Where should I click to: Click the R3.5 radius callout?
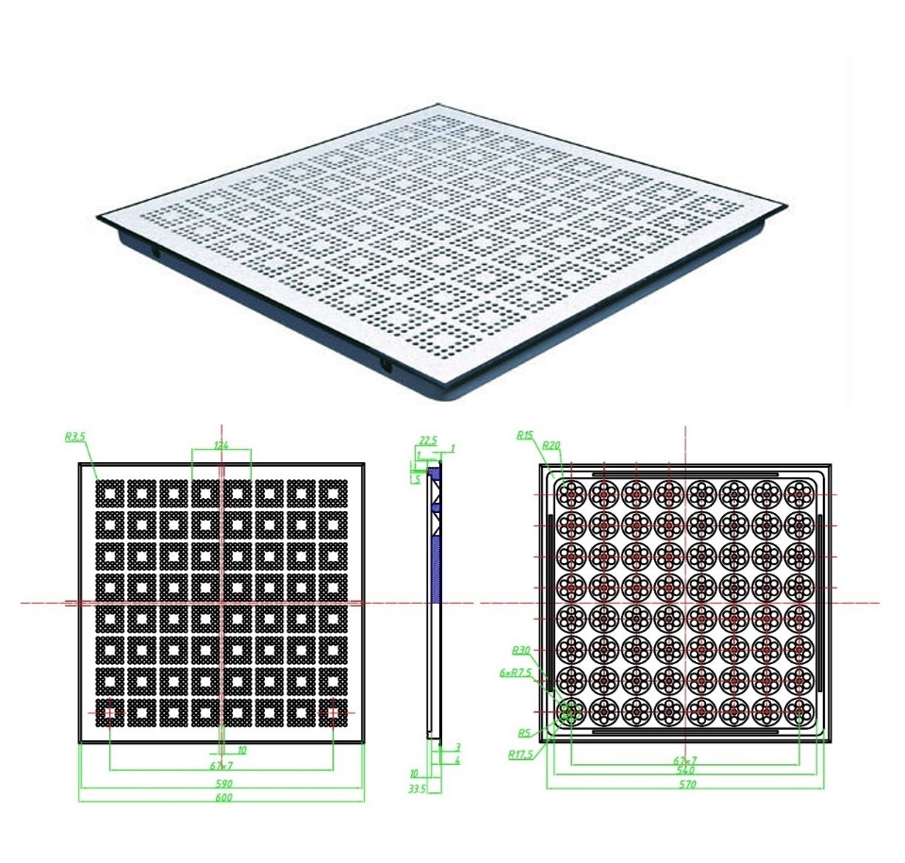75,437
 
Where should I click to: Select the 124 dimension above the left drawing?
221,444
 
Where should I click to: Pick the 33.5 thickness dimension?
416,788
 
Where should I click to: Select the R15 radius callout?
525,435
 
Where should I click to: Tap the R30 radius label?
520,651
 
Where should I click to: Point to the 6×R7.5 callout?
518,672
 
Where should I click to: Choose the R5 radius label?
524,733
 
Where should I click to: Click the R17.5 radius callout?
519,754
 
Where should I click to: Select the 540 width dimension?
684,771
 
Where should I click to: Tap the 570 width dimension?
686,784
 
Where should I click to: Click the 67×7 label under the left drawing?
222,766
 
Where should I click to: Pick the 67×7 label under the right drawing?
684,759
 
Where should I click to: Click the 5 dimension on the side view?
417,478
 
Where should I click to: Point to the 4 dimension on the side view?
457,759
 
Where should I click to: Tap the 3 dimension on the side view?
457,746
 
